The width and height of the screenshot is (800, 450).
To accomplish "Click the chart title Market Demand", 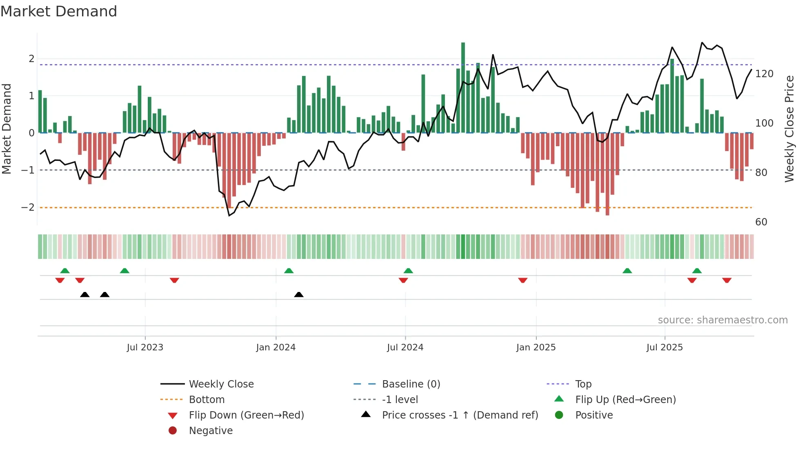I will pos(59,11).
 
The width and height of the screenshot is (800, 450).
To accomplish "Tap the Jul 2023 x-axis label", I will pos(145,348).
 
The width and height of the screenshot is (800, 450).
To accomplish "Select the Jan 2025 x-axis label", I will pos(536,348).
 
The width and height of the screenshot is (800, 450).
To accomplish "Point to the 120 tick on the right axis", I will pos(764,74).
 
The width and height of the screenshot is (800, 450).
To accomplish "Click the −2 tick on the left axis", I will pos(28,207).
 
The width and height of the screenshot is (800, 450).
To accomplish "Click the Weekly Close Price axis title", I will pos(789,129).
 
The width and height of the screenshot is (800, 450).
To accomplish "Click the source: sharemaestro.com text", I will pos(722,320).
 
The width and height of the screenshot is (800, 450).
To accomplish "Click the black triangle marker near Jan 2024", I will pos(299,294).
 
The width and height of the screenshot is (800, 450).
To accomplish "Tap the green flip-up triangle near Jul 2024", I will pos(408,271).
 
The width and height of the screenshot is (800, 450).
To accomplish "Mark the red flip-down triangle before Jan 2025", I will pos(522,280).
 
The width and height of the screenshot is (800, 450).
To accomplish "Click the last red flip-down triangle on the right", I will pos(727,280).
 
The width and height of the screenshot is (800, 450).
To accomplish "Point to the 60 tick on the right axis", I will pos(761,222).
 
